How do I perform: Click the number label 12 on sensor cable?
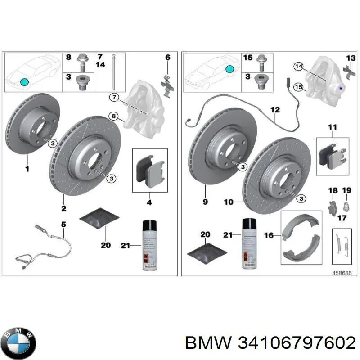[x=275, y=109]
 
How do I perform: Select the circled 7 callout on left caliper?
[x=114, y=97]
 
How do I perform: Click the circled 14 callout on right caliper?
[x=298, y=67]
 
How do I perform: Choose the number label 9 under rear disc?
[x=205, y=202]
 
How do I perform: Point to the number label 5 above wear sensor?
[x=63, y=224]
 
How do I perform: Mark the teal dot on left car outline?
[x=24, y=82]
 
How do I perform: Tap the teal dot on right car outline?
[x=229, y=69]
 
